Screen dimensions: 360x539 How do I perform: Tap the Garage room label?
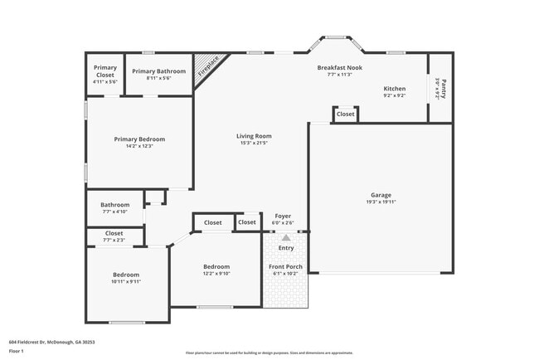click(381, 195)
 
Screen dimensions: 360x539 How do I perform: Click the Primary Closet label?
click(104, 71)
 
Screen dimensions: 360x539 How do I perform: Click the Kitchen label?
click(394, 88)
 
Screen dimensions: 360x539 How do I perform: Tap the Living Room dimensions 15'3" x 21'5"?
click(254, 144)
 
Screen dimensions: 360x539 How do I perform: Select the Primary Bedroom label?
click(139, 139)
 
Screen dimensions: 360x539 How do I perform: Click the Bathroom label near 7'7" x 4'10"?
click(115, 204)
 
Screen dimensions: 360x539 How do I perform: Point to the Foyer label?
click(283, 216)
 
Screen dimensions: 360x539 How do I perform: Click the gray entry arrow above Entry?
click(286, 237)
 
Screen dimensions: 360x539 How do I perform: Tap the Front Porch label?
click(285, 266)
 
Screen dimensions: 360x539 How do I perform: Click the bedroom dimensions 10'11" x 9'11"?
click(126, 281)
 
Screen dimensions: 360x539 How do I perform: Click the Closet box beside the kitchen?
click(346, 114)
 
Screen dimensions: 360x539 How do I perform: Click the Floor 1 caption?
click(17, 351)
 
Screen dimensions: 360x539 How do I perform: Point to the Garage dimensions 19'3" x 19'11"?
click(381, 202)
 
